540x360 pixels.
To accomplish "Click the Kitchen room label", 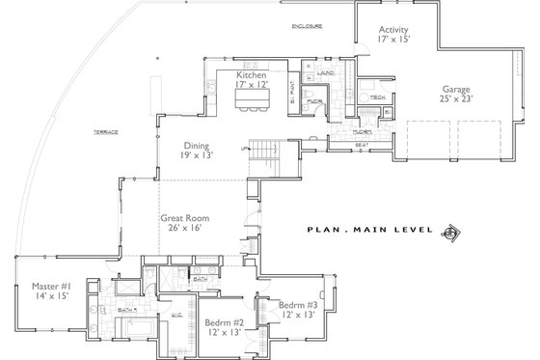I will [x=252, y=73].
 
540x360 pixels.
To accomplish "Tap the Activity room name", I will [x=394, y=30].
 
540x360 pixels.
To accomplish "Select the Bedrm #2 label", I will [x=224, y=322].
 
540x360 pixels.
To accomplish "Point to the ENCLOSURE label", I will [x=308, y=26].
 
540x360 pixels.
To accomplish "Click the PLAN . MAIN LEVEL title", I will [x=367, y=231].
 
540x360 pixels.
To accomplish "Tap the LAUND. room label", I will [x=325, y=71].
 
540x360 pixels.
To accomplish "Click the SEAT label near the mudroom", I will [x=362, y=146].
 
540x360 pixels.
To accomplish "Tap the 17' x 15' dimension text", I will [x=394, y=41].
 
